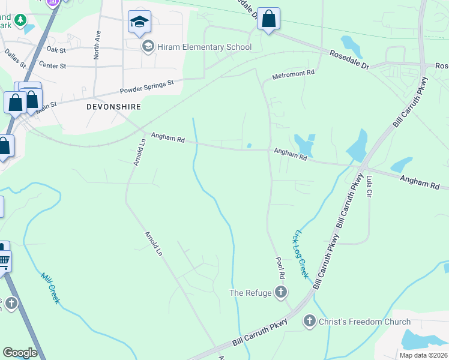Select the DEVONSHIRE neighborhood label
point(113,106)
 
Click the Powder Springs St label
point(146,86)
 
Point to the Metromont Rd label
point(294,75)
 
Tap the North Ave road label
point(97,46)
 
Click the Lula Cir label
point(370,187)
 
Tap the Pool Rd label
point(280,267)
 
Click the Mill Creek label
point(50,288)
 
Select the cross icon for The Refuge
point(280,293)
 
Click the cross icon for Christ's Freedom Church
point(310,322)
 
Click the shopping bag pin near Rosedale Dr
point(268,19)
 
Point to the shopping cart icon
point(4,261)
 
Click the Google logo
point(20,353)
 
